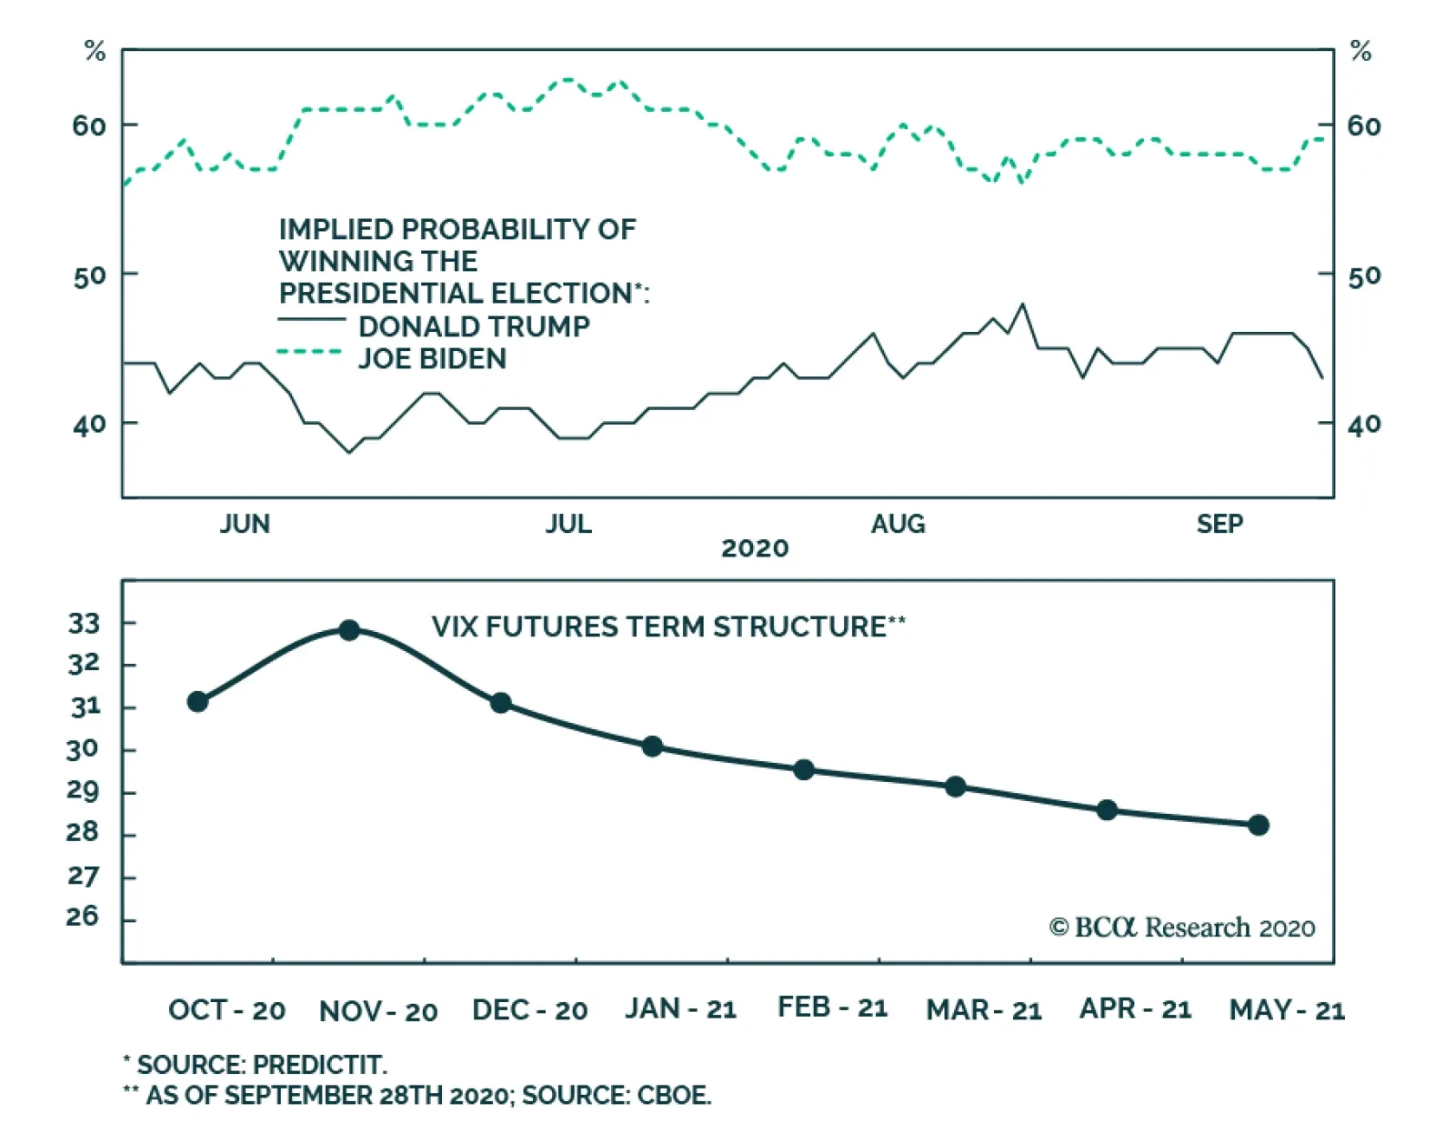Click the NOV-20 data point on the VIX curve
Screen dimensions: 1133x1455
tap(349, 629)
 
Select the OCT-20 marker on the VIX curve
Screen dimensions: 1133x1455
tap(197, 701)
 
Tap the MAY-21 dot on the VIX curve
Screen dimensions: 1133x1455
tap(1259, 825)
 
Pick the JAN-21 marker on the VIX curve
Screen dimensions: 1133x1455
tap(652, 747)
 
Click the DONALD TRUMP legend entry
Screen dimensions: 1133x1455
tap(473, 326)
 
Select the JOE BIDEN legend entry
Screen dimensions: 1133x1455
tap(432, 358)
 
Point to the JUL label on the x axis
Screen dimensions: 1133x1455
tap(568, 524)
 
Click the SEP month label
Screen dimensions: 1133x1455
tap(1219, 524)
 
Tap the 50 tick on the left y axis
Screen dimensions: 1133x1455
tap(89, 276)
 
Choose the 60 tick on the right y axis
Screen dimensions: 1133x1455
tap(1364, 125)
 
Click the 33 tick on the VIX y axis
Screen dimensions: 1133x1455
tap(84, 624)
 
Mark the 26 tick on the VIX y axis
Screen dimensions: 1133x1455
tap(82, 917)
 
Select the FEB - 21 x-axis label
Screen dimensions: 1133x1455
tap(832, 1008)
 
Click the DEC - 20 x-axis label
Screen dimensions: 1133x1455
tap(529, 1010)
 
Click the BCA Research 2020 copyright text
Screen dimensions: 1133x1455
tap(1182, 927)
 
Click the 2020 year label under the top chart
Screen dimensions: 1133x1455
tap(755, 548)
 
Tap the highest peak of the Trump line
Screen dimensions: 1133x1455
tap(1023, 304)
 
